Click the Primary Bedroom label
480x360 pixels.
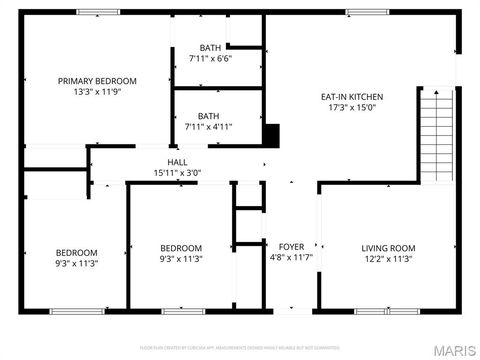pos(97,81)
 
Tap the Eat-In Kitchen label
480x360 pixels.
pos(352,97)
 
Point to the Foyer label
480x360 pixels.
pos(291,246)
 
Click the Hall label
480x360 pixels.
pos(177,162)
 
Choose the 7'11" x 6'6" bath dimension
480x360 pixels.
pos(210,59)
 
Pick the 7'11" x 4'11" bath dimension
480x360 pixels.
pos(208,127)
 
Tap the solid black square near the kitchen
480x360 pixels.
pos(270,134)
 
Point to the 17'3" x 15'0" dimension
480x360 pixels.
pos(352,108)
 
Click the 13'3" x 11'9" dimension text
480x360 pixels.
pos(97,92)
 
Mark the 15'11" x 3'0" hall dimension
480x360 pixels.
pos(177,173)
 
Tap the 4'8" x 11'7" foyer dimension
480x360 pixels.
pos(291,257)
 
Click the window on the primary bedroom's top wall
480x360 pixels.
pos(93,12)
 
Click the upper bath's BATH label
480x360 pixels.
pos(210,48)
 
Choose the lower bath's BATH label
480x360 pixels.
pos(208,116)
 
